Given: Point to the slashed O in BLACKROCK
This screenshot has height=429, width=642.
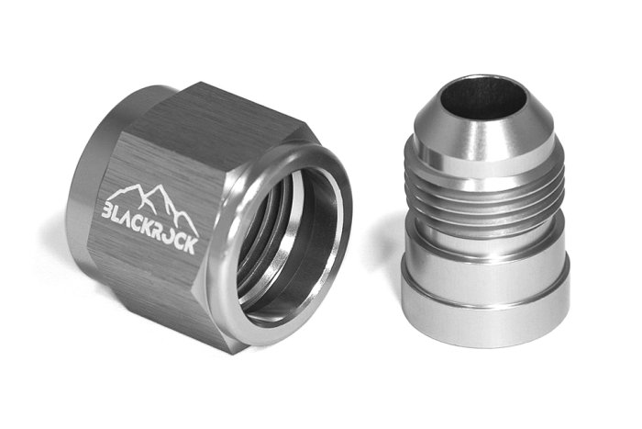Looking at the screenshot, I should click(x=177, y=225).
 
